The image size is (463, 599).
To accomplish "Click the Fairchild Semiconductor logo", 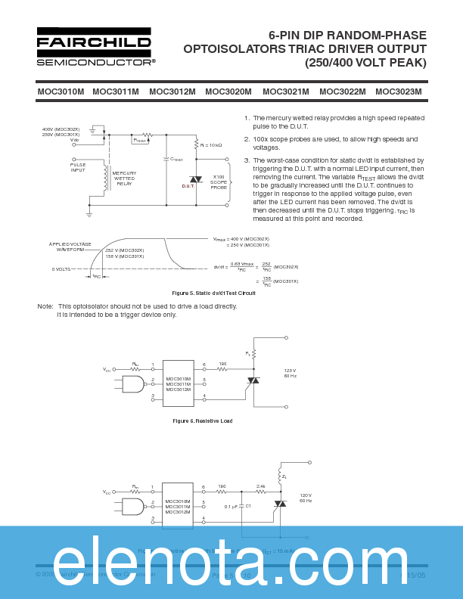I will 95,47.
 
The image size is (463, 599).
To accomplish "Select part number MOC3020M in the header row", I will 228,92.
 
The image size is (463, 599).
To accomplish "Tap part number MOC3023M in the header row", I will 398,92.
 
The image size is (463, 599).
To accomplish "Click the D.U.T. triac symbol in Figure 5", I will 195,179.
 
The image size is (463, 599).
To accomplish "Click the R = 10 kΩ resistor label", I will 211,144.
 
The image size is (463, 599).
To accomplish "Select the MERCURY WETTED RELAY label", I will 124,178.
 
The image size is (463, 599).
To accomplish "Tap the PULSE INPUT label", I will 79,168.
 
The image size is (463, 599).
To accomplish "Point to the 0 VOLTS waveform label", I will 61,269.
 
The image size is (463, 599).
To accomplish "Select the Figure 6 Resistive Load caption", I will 202,421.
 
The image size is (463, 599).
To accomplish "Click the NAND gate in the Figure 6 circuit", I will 133,385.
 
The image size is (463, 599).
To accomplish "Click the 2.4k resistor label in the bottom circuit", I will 260,487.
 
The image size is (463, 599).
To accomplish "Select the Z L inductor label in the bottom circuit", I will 284,477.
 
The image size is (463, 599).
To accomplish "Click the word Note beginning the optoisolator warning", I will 45,306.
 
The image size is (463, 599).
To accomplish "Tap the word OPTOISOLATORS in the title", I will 231,49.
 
